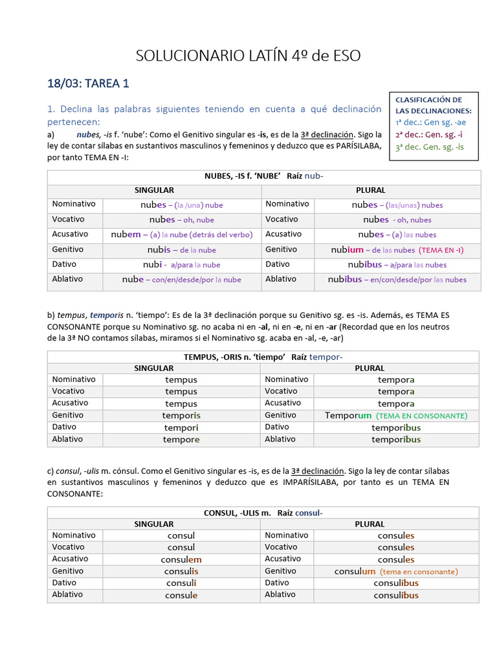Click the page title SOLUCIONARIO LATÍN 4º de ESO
tap(248, 56)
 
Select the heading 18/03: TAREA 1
tap(88, 83)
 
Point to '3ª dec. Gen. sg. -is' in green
tap(430, 147)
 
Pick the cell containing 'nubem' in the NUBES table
tap(181, 234)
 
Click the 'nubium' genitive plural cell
tap(397, 250)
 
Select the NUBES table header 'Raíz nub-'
tap(314, 175)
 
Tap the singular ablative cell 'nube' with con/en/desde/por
tap(181, 280)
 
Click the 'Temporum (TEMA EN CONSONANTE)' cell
tap(395, 416)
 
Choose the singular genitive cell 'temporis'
tap(181, 416)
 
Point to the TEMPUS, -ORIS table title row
tap(263, 357)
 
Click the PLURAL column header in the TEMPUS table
tap(370, 368)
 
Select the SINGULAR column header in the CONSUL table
tap(153, 524)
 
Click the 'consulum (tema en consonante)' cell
tap(395, 572)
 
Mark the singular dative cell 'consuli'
tap(181, 583)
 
